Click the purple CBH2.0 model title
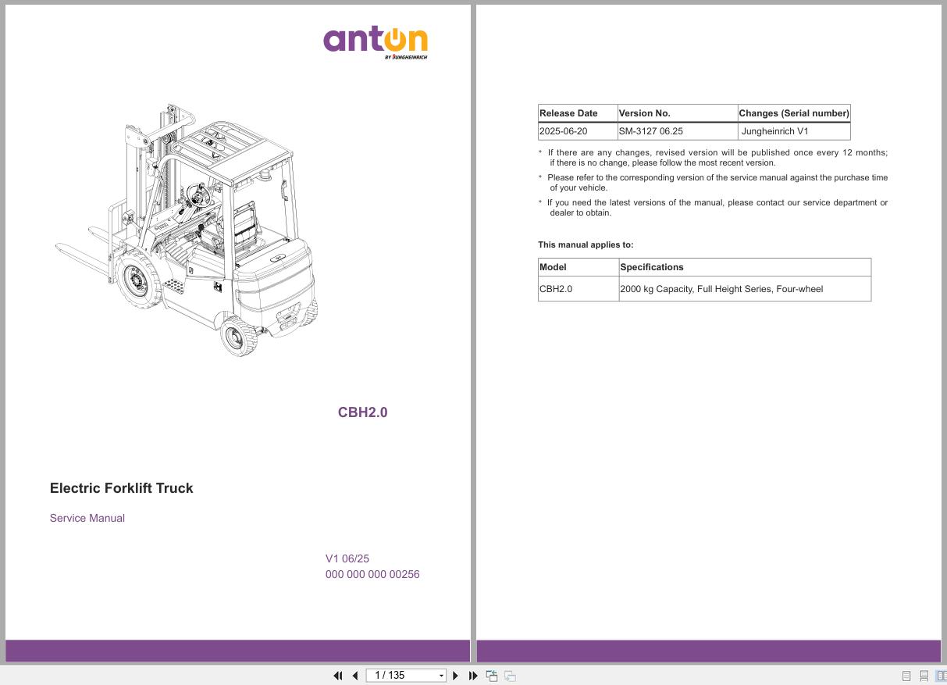coord(362,412)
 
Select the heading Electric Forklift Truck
coord(121,488)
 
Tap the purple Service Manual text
coord(87,518)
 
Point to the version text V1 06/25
coord(347,558)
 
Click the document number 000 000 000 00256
coord(372,574)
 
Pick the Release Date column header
coord(568,113)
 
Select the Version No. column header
coord(644,113)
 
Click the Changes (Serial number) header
coord(793,113)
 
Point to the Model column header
coord(553,267)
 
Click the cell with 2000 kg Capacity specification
coord(721,289)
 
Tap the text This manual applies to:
coord(586,244)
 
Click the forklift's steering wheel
coord(198,195)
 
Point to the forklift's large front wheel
coord(137,280)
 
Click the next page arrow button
coord(455,676)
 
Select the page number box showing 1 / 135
coord(406,676)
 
